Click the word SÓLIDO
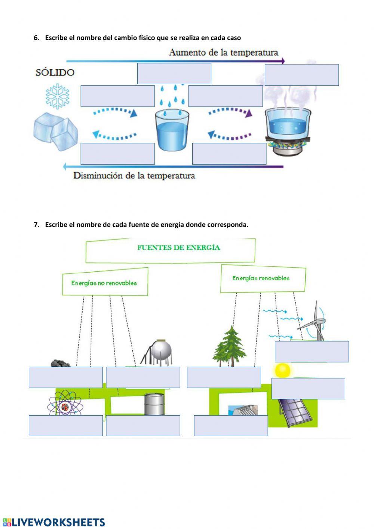(55, 72)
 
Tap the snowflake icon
(58, 96)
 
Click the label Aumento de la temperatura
(223, 52)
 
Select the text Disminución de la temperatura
(134, 176)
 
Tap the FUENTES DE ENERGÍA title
(178, 247)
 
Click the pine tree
(230, 346)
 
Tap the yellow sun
(282, 370)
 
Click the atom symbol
(64, 402)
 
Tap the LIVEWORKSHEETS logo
(54, 522)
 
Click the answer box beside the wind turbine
(312, 352)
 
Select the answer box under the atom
(65, 425)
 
